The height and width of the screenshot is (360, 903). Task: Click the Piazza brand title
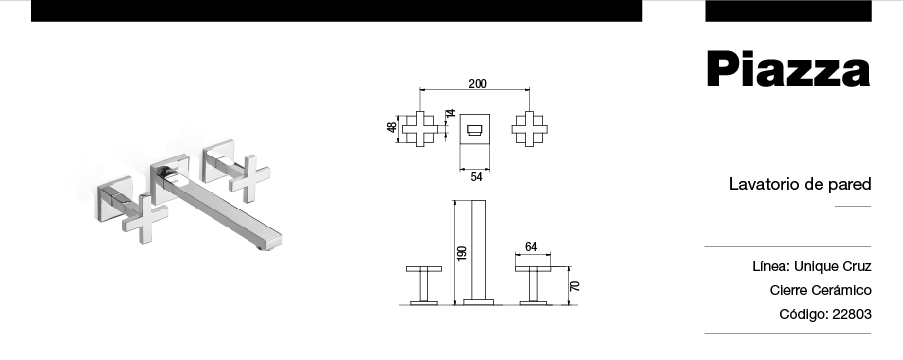(788, 70)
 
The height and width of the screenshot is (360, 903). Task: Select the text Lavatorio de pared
(800, 184)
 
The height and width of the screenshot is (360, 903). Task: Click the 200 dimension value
(477, 84)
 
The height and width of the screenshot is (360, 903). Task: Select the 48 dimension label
(392, 127)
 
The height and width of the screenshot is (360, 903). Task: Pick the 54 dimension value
(476, 177)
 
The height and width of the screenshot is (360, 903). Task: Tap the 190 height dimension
(461, 253)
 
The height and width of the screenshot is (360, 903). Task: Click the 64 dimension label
(531, 247)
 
